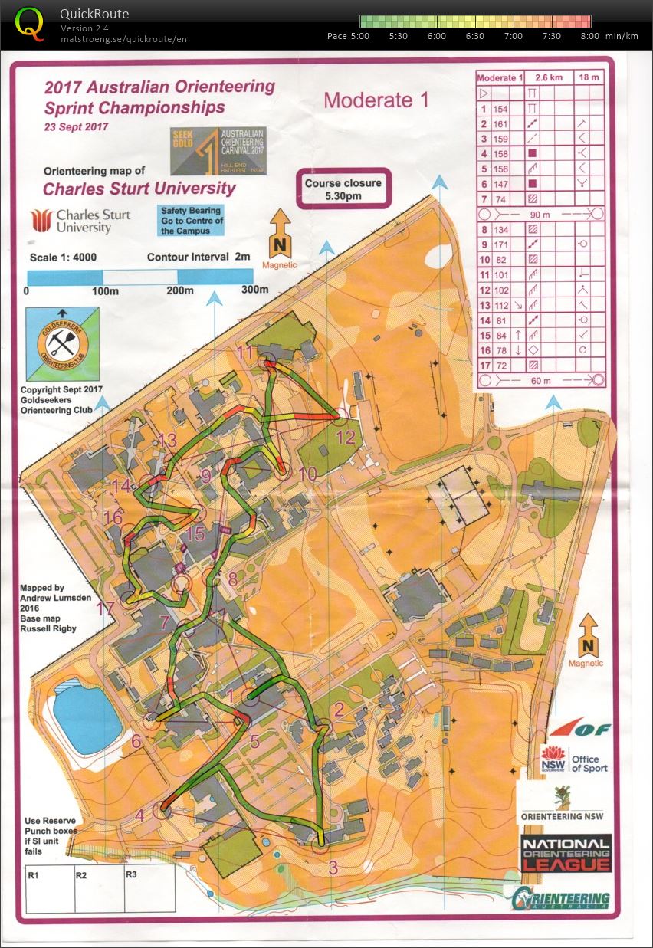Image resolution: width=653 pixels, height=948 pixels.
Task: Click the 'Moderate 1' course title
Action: click(x=376, y=100)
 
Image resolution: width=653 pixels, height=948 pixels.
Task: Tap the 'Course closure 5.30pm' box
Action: click(x=343, y=189)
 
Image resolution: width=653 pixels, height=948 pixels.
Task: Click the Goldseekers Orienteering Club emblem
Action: click(x=62, y=343)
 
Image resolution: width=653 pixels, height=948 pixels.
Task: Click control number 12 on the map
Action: click(x=346, y=437)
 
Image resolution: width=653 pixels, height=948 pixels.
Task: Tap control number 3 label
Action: click(x=332, y=868)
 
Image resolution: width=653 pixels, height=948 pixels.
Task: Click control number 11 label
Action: click(x=245, y=353)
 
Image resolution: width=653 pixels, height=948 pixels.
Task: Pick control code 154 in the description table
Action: click(x=500, y=110)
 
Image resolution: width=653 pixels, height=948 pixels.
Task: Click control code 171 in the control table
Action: click(x=500, y=244)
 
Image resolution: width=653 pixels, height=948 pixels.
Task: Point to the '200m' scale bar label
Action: click(x=177, y=290)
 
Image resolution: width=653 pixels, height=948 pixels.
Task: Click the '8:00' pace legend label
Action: click(x=590, y=36)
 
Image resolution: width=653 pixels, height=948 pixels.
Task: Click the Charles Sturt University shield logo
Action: click(x=41, y=220)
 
